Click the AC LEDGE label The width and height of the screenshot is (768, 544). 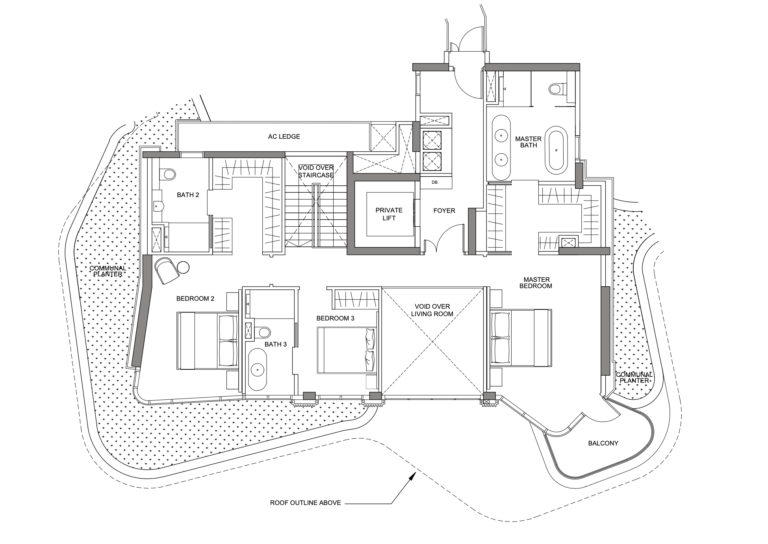tap(284, 136)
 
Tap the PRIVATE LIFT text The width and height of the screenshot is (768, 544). tap(389, 214)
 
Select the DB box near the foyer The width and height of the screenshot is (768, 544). tap(434, 183)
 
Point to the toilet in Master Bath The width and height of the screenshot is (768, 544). tap(555, 89)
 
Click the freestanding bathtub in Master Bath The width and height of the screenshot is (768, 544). tap(556, 150)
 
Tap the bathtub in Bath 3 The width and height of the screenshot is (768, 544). tap(258, 369)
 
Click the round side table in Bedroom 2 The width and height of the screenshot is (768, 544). tap(183, 268)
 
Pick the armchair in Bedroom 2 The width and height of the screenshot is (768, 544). tap(167, 270)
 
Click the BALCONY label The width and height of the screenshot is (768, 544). tap(603, 443)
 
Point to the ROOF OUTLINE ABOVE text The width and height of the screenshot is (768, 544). tap(305, 503)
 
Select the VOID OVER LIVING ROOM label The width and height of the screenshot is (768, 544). tap(432, 310)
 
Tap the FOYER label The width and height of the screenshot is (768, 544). tap(444, 211)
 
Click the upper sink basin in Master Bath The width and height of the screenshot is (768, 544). tap(501, 136)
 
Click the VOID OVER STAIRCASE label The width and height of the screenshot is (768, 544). tap(316, 171)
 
